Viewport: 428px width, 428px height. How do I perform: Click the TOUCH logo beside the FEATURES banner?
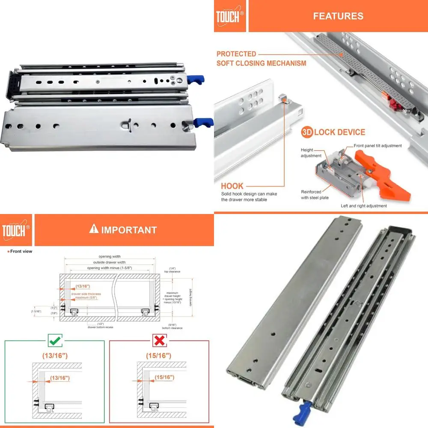pos(230,16)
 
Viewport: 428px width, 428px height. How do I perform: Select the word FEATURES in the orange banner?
pos(338,16)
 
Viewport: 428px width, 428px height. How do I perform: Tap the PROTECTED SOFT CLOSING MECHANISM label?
pos(261,59)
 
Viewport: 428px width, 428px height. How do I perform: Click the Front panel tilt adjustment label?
pos(377,146)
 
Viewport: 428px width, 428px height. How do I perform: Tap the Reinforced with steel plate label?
pos(315,195)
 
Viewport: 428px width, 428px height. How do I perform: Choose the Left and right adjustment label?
pos(364,206)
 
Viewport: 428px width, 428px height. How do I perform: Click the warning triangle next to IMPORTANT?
pos(94,229)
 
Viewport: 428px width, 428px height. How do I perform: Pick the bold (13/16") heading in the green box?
pos(54,356)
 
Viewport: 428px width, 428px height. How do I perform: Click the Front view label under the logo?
pos(21,251)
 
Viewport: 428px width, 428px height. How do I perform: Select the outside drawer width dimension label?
pos(110,262)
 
